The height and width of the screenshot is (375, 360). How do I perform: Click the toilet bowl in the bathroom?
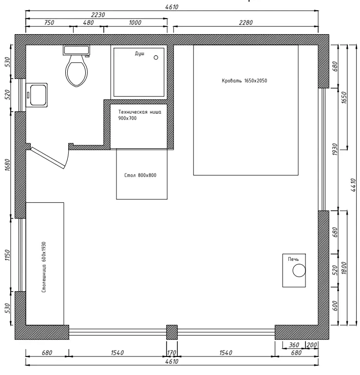point(76,71)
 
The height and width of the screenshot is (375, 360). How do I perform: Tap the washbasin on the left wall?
point(37,95)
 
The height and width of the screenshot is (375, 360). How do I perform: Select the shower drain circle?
point(156,58)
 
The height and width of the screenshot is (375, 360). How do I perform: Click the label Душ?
point(139,53)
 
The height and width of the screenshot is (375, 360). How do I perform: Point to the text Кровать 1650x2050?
point(245,80)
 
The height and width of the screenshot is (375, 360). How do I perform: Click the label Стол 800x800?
point(140,175)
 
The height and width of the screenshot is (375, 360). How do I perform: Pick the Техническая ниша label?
point(140,112)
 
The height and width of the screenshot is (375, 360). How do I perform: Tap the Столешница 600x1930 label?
point(44,267)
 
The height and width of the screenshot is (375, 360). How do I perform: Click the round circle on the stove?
point(299,271)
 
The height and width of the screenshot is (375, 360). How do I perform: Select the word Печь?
point(293,259)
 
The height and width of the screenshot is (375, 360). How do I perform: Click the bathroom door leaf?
point(48,158)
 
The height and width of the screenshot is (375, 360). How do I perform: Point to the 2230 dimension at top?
point(98,15)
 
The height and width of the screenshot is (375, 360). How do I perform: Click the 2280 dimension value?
point(246,22)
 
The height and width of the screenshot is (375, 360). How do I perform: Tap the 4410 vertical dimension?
point(353,185)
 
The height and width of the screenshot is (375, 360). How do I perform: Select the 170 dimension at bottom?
point(171,353)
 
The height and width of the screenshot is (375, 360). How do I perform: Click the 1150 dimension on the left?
point(8,255)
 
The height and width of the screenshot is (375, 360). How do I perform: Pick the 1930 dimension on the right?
point(335,149)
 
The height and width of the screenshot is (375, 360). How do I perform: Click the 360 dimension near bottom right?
point(294,345)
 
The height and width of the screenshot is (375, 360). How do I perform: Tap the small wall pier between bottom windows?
point(172,332)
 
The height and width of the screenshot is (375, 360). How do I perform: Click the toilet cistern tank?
point(76,50)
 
